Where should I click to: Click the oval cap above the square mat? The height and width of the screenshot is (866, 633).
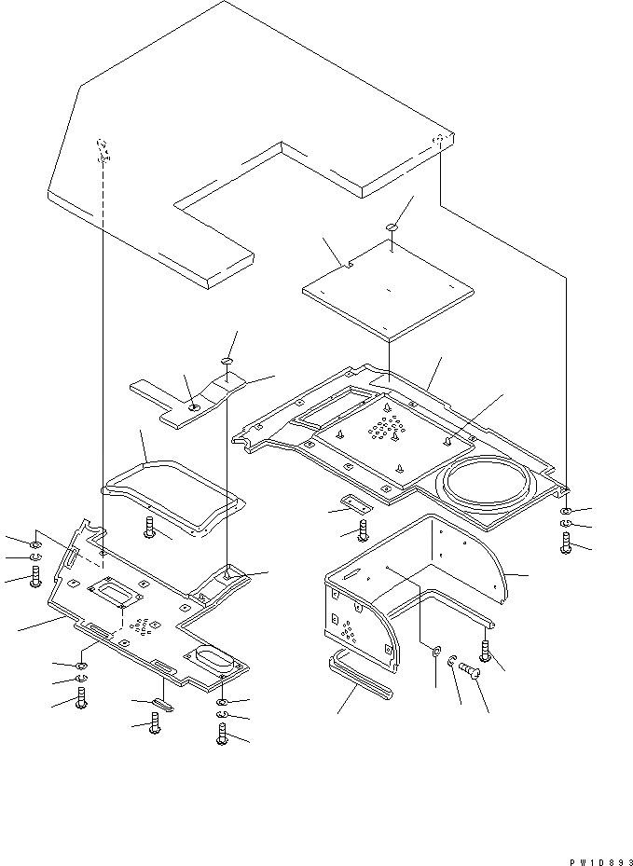[x=392, y=227]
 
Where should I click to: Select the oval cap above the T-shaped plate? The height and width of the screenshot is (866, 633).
[x=227, y=360]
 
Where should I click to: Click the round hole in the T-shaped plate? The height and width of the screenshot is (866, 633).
[x=194, y=407]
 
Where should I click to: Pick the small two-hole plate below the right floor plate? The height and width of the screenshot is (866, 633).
[x=351, y=503]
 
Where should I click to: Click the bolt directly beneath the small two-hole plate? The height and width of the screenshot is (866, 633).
[x=363, y=531]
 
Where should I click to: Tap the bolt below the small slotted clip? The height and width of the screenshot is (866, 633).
[x=155, y=722]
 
